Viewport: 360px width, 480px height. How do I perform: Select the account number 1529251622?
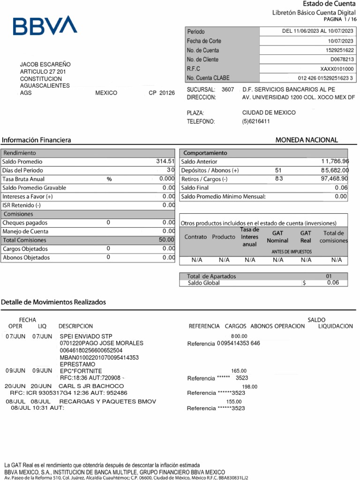click(340, 50)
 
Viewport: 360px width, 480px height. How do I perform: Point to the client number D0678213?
click(342, 60)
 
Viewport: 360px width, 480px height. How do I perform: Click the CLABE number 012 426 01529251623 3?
click(325, 78)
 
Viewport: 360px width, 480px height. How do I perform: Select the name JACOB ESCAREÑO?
click(45, 64)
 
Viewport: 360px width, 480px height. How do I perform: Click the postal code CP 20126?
click(161, 93)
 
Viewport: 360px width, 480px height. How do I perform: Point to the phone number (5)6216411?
click(256, 121)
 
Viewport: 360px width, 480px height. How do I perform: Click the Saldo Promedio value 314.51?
click(165, 161)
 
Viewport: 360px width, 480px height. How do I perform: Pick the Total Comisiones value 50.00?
click(166, 240)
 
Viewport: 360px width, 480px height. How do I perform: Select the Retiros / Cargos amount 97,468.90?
click(334, 179)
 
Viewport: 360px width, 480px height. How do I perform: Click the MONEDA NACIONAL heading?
click(306, 140)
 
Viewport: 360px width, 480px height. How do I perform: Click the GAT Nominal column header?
click(277, 237)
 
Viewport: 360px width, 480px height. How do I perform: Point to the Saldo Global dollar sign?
click(304, 283)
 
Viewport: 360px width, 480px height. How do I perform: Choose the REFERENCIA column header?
click(204, 326)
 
